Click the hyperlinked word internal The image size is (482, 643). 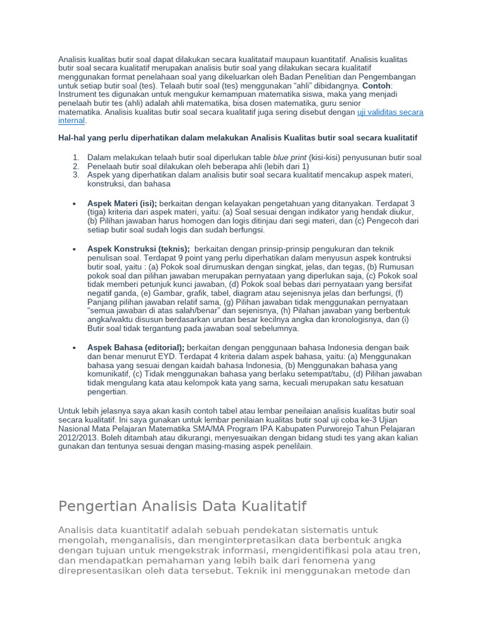(71, 121)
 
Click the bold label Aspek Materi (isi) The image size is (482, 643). (122, 204)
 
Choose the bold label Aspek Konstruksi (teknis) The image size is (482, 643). (138, 249)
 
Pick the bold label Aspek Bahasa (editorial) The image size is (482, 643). (136, 347)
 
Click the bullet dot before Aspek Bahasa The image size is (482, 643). (75, 348)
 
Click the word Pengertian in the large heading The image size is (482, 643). (97, 506)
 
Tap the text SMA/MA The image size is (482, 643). (203, 429)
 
